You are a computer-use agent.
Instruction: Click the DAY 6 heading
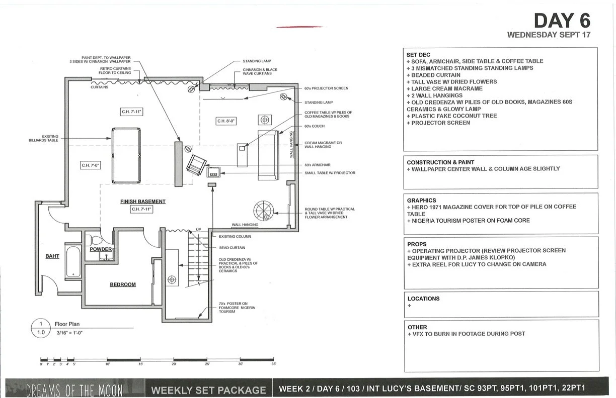click(x=562, y=21)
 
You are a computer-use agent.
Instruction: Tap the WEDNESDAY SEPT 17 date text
click(x=549, y=35)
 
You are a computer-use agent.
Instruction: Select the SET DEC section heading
click(x=418, y=54)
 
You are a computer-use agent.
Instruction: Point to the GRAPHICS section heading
click(x=422, y=200)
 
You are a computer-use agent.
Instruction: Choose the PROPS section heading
click(x=417, y=244)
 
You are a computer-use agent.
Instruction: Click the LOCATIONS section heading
click(x=423, y=298)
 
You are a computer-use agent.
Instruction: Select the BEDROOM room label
click(x=123, y=284)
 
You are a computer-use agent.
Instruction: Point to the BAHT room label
click(x=52, y=256)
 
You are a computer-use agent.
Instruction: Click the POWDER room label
click(x=101, y=249)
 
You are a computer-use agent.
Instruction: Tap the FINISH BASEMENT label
click(x=143, y=202)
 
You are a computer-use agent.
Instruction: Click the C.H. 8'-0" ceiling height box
click(x=226, y=121)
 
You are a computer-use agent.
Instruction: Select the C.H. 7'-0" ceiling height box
click(x=91, y=165)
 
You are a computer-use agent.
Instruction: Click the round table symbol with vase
click(x=263, y=209)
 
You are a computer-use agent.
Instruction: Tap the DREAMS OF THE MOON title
click(x=74, y=389)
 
